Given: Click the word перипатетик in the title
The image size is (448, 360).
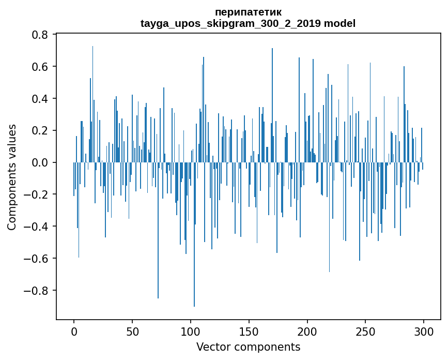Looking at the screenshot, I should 248,12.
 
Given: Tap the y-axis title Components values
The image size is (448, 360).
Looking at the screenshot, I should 12,177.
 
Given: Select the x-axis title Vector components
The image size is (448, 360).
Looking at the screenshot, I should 248,347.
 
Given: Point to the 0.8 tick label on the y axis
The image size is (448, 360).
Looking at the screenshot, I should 40,35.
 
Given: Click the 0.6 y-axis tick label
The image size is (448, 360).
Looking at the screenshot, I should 40,67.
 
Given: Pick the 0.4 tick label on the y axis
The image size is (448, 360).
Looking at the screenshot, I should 40,99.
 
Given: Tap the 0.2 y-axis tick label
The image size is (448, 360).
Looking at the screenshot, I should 40,131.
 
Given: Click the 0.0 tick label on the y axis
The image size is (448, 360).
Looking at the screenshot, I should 40,163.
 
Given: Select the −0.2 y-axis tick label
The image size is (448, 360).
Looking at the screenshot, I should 37,195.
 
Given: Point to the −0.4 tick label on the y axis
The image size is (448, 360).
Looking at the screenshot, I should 37,227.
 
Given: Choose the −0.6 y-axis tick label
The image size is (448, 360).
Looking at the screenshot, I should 37,259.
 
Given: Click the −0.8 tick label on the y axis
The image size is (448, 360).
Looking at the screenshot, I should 37,291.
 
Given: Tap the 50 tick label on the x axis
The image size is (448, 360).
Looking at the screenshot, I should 132,331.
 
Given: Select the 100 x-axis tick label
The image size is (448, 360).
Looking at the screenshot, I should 191,331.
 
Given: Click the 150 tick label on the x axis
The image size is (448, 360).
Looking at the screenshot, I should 249,331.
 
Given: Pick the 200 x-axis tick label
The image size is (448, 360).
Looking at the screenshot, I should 307,331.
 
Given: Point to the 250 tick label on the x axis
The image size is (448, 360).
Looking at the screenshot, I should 366,331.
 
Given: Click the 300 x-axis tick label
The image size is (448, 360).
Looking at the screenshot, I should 424,331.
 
